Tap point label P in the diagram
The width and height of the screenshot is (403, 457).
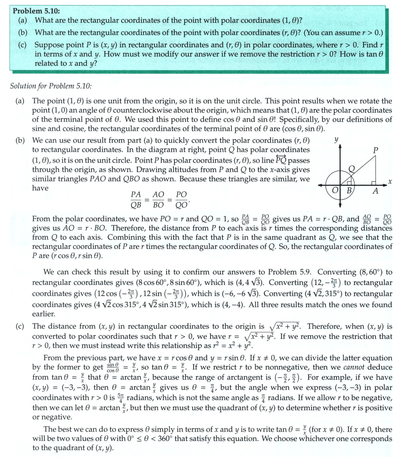coord(376,150)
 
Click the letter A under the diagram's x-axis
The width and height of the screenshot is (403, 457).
coord(376,192)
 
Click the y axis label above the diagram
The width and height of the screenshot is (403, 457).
coord(336,139)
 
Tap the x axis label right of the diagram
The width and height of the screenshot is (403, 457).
coord(390,181)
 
